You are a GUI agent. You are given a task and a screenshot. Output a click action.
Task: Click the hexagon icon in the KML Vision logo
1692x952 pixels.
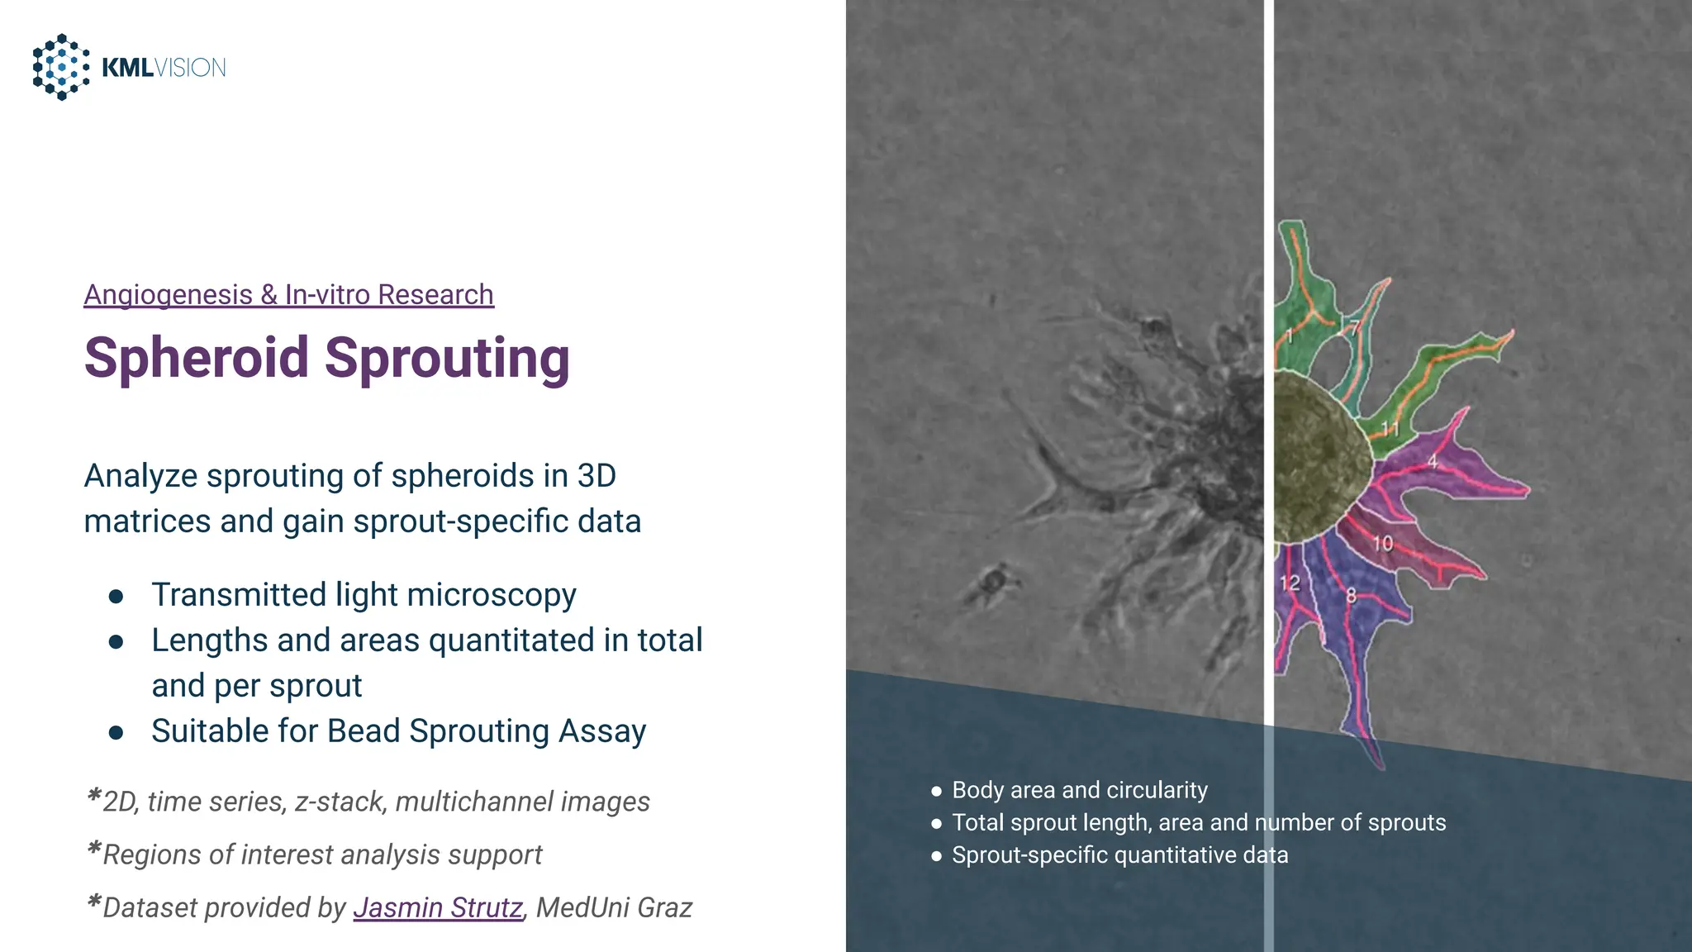(61, 67)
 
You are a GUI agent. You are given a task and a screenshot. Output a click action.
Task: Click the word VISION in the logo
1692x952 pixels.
(190, 68)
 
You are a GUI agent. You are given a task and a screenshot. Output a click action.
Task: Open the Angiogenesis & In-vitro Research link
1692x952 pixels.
(288, 295)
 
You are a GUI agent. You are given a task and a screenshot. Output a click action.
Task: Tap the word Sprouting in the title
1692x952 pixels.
(447, 358)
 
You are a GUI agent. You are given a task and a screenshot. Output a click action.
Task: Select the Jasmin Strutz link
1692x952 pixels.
(438, 907)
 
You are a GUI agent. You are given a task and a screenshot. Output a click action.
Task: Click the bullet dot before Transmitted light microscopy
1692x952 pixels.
(116, 597)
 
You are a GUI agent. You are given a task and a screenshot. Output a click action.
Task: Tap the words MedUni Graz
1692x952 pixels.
(614, 907)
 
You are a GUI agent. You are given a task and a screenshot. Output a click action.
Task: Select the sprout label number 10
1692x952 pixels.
(1383, 544)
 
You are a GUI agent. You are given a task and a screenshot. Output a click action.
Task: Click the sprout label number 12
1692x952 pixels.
(1290, 583)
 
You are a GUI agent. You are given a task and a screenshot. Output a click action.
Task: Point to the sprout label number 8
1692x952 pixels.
(1351, 595)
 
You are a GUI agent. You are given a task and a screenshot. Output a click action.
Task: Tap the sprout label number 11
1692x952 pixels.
(1390, 429)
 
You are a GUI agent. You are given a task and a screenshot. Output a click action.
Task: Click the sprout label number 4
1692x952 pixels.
(1433, 462)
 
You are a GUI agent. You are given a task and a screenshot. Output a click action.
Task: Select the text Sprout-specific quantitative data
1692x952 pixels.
(1119, 855)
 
